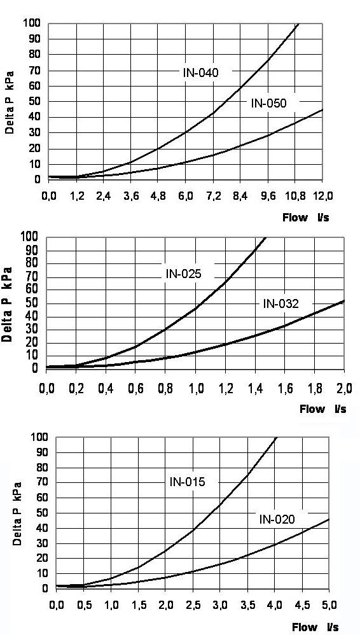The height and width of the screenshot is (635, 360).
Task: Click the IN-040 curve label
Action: [x=200, y=73]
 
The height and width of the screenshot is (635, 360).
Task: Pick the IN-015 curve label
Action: [x=187, y=482]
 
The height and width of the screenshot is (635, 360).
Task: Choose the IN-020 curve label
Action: [x=277, y=519]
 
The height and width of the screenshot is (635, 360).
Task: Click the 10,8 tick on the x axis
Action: [x=296, y=195]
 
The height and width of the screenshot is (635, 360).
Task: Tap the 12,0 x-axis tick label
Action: [x=323, y=195]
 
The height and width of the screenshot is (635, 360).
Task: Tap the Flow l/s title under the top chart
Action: [x=307, y=217]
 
